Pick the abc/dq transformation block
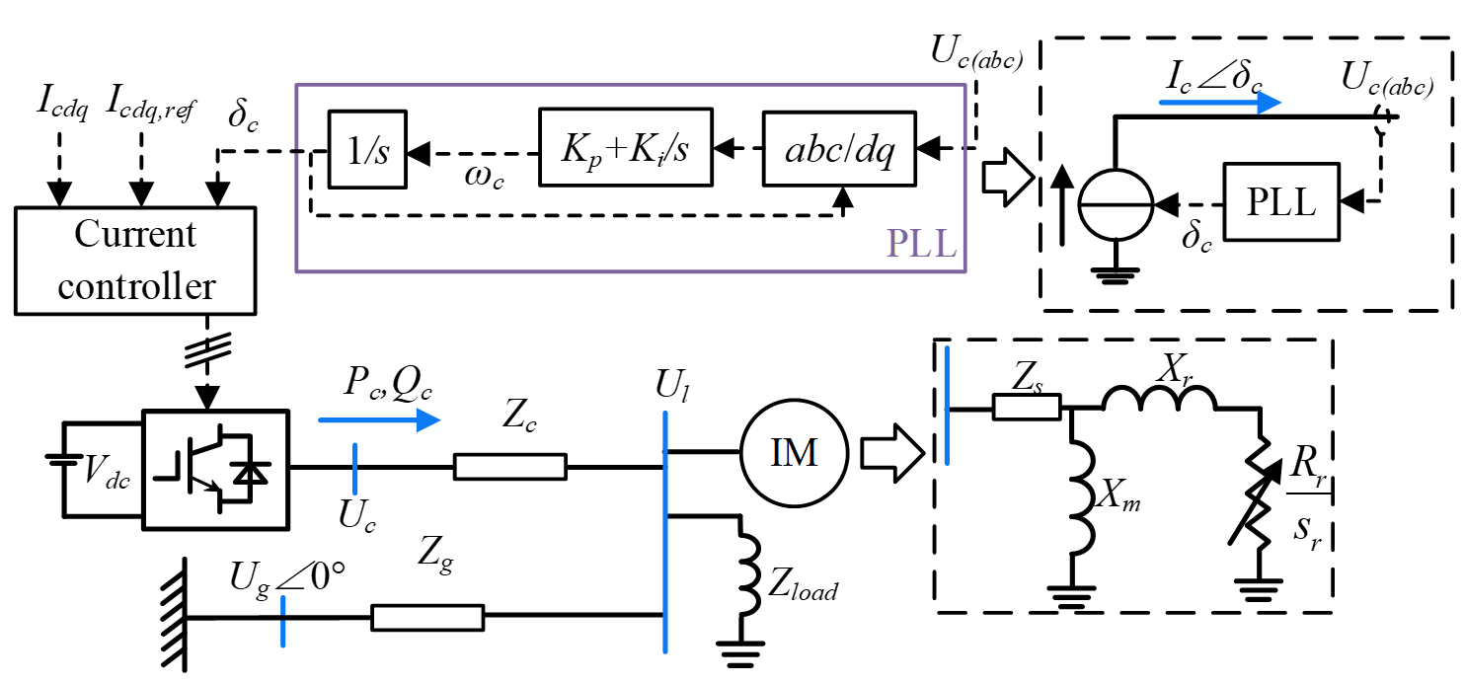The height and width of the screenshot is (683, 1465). [838, 148]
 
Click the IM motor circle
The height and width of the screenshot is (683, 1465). [794, 453]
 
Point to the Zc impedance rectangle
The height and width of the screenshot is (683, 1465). [509, 467]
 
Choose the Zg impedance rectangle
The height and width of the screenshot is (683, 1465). [427, 618]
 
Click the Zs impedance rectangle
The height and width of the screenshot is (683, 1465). [1026, 407]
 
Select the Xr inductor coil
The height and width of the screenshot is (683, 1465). [1159, 398]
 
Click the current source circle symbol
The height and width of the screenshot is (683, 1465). [1114, 204]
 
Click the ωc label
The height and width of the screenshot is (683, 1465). [484, 178]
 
